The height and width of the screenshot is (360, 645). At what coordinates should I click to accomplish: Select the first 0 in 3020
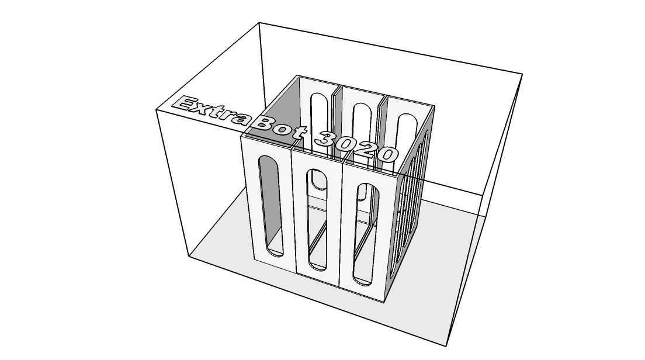tap(347, 145)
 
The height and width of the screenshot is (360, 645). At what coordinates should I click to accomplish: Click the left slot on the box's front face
tap(271, 206)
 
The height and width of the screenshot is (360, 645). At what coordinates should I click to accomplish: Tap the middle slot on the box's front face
tap(318, 220)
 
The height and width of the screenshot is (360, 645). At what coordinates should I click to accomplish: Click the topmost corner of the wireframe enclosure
tap(259, 23)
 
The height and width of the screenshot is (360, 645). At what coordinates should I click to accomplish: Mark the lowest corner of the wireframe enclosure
tap(446, 346)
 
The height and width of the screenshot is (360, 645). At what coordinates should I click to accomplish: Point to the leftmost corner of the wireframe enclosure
tap(156, 110)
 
